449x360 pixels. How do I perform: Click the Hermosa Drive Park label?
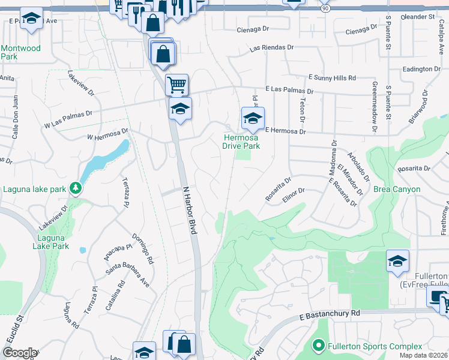pyautogui.click(x=241, y=142)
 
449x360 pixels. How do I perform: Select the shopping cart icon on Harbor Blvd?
pyautogui.click(x=176, y=85)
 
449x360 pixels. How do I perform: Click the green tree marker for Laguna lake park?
pyautogui.click(x=75, y=188)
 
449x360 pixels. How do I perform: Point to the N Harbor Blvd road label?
pyautogui.click(x=189, y=213)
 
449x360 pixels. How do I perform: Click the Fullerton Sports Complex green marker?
pyautogui.click(x=318, y=346)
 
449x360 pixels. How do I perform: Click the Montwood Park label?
pyautogui.click(x=21, y=52)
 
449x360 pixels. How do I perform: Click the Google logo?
pyautogui.click(x=19, y=353)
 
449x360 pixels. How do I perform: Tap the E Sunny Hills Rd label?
pyautogui.click(x=332, y=78)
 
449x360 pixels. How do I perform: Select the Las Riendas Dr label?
pyautogui.click(x=271, y=47)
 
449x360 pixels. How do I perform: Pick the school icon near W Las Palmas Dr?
pyautogui.click(x=179, y=109)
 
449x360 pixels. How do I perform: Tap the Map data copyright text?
pyautogui.click(x=423, y=355)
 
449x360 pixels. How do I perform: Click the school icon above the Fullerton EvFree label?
pyautogui.click(x=397, y=261)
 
